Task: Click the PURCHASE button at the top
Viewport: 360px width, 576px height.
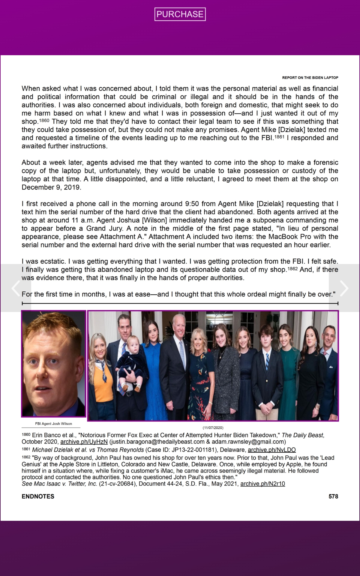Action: pyautogui.click(x=180, y=14)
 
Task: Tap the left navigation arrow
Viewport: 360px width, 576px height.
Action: pyautogui.click(x=16, y=288)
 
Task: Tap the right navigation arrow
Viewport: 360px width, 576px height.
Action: pyautogui.click(x=344, y=288)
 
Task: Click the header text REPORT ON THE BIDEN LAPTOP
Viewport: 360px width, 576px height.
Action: pyautogui.click(x=310, y=78)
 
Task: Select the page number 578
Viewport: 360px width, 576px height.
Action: pyautogui.click(x=333, y=496)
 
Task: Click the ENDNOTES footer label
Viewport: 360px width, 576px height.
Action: pyautogui.click(x=38, y=496)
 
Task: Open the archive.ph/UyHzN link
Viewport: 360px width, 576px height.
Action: pyautogui.click(x=84, y=442)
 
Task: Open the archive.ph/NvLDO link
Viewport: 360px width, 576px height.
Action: pyautogui.click(x=271, y=450)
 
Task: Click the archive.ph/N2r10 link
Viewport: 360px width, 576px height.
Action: pyautogui.click(x=262, y=484)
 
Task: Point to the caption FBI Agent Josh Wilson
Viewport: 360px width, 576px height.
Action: pyautogui.click(x=53, y=424)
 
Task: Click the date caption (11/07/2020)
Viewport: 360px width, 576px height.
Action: pyautogui.click(x=213, y=427)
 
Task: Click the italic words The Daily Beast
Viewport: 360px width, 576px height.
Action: pyautogui.click(x=302, y=435)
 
